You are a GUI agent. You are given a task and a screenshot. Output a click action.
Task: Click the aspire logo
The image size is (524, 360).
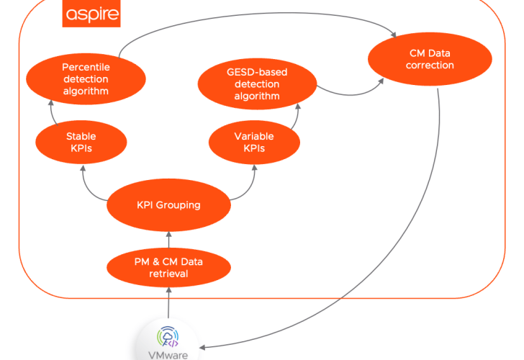[x=92, y=14]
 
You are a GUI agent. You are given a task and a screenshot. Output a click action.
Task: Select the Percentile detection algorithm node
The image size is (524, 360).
[x=86, y=78]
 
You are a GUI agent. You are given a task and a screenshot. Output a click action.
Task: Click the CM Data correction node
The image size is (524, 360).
[x=430, y=59]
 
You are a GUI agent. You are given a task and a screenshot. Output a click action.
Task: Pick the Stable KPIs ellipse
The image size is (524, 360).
[x=81, y=142]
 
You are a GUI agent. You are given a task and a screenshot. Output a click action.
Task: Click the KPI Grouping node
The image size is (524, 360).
[x=168, y=205]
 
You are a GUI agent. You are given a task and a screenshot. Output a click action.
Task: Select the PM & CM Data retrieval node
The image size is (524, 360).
[x=168, y=267]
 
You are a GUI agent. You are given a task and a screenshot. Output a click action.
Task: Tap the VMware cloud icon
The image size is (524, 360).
[x=168, y=336]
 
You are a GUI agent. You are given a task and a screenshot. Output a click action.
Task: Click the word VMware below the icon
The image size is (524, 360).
[x=168, y=355]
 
